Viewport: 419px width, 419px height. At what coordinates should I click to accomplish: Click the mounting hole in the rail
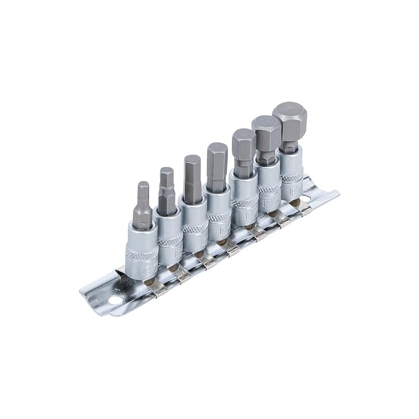[x=113, y=302]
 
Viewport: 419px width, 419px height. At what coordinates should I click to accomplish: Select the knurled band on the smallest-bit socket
[x=141, y=256]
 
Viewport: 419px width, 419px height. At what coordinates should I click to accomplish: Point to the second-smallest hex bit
[x=167, y=189]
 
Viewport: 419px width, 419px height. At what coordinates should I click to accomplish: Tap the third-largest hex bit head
[x=244, y=147]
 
